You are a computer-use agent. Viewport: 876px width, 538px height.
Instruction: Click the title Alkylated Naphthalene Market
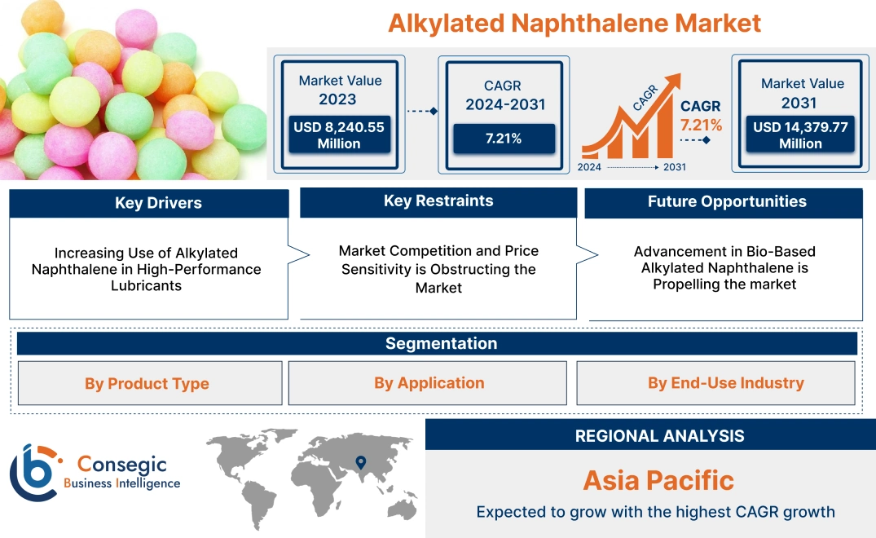pos(574,23)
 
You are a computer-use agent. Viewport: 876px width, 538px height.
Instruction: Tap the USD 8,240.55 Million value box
pos(339,135)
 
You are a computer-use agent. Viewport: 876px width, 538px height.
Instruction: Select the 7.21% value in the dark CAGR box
pos(503,138)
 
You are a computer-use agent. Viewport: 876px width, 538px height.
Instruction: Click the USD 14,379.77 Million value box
pos(800,135)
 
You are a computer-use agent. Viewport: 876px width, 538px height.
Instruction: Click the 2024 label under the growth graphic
pos(589,167)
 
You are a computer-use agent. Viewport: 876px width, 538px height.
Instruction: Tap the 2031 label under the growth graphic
pos(674,167)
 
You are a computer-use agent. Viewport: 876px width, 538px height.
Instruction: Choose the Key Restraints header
pos(438,201)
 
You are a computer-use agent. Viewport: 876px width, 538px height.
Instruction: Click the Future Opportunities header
pos(727,201)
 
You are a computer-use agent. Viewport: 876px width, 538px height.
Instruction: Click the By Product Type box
pos(147,383)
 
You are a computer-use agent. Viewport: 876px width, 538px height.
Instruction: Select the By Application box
pos(429,383)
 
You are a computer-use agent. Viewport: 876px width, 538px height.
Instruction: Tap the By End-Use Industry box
pos(725,383)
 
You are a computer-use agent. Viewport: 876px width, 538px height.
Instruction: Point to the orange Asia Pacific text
pos(658,480)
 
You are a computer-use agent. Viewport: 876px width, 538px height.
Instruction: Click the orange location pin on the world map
pos(359,463)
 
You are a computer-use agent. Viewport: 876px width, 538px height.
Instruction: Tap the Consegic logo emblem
pos(33,472)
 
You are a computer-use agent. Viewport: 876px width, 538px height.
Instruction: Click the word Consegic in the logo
pos(121,465)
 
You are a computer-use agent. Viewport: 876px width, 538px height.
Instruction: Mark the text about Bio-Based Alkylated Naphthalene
pos(724,267)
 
